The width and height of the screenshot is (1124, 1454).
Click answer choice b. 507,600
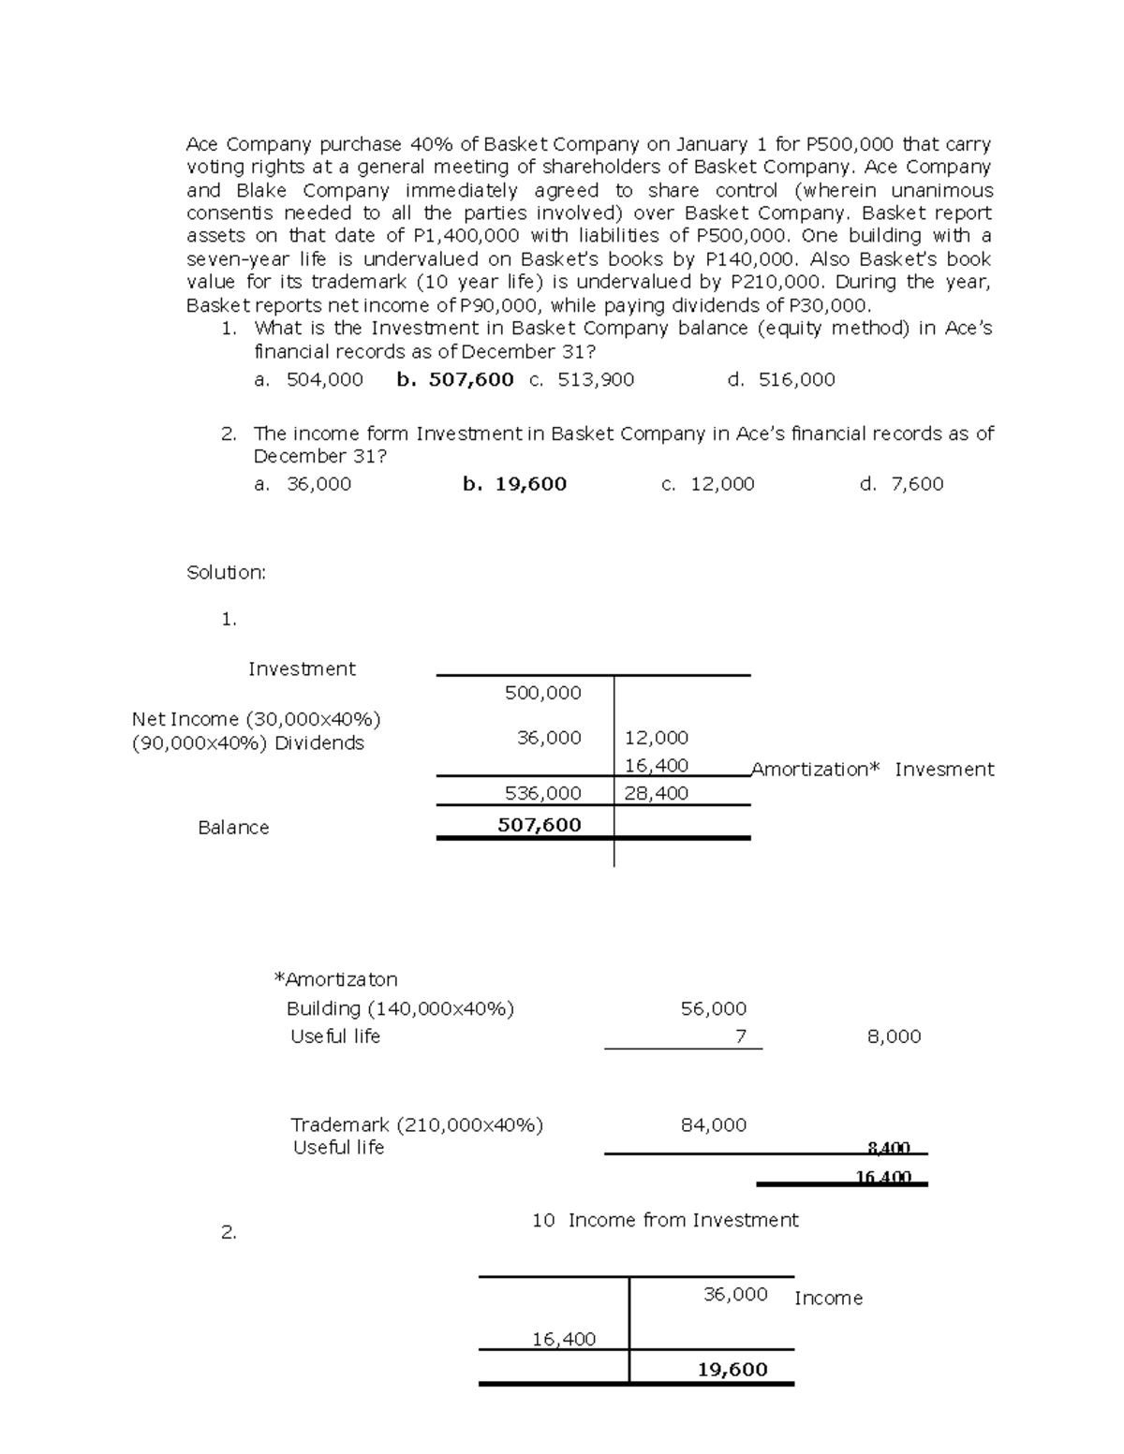point(455,379)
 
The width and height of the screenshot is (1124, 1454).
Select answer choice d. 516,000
point(781,379)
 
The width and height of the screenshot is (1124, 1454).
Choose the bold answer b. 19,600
point(514,484)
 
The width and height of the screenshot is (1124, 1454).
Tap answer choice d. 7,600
point(901,484)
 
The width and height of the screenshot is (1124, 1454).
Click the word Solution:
point(227,572)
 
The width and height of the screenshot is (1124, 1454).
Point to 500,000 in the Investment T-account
point(542,693)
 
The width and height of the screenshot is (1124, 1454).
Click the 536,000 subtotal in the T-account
point(542,793)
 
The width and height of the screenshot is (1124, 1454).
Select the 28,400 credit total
point(657,793)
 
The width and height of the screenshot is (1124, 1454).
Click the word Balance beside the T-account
point(233,828)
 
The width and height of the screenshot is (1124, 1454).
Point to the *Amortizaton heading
point(335,979)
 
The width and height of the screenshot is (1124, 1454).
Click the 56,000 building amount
point(714,1008)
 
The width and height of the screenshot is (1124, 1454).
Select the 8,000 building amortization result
point(895,1036)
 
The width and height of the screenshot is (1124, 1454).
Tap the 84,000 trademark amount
point(714,1124)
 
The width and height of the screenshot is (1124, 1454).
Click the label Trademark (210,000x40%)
point(417,1124)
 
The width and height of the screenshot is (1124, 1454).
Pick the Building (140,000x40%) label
point(400,1008)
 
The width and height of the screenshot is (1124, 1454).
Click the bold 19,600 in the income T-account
point(732,1370)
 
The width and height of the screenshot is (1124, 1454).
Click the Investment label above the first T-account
point(302,668)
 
